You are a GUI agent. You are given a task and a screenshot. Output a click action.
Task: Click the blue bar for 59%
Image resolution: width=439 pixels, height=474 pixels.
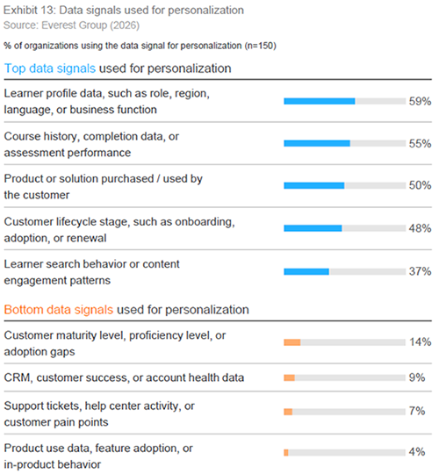[320, 101]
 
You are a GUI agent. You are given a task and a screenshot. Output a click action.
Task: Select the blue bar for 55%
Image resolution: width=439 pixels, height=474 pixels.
[317, 143]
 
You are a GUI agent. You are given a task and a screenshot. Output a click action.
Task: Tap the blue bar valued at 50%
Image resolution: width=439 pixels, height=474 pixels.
[313, 185]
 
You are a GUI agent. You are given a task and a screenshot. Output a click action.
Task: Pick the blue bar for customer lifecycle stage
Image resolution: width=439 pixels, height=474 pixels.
[313, 228]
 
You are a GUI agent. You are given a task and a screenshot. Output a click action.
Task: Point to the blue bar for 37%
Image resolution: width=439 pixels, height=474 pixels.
[306, 271]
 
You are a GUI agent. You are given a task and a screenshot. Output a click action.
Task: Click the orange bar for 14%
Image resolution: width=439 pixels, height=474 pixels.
[292, 342]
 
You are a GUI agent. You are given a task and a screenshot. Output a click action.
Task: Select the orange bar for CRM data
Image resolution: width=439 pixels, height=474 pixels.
[289, 377]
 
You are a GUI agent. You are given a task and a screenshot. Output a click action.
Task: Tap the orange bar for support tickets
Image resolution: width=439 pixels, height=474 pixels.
[288, 412]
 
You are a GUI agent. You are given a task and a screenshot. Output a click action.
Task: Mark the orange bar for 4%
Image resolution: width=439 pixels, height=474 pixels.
[286, 453]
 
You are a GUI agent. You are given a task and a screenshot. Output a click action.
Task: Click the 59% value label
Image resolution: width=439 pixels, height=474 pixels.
[420, 101]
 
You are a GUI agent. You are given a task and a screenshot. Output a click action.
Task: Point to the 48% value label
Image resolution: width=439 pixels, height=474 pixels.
[420, 228]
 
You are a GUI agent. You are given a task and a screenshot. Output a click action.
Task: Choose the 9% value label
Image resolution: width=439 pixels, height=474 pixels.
[417, 377]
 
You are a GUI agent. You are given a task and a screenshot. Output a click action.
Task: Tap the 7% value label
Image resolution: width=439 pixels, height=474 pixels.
[417, 411]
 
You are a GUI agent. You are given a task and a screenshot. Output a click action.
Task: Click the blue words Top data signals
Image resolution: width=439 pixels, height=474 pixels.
[50, 68]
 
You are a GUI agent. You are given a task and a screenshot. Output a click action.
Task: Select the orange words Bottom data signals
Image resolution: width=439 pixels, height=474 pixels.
[59, 310]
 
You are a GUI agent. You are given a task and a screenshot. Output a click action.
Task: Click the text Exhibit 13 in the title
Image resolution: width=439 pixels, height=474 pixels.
[29, 11]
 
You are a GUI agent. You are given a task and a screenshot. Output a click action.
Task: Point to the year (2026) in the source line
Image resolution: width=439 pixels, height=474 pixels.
[125, 25]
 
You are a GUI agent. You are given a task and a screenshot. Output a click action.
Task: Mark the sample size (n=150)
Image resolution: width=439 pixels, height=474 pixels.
[260, 46]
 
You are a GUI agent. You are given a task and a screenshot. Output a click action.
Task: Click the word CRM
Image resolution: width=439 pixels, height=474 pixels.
[18, 377]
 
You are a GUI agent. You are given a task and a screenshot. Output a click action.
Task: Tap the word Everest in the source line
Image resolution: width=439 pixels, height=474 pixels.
[58, 25]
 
